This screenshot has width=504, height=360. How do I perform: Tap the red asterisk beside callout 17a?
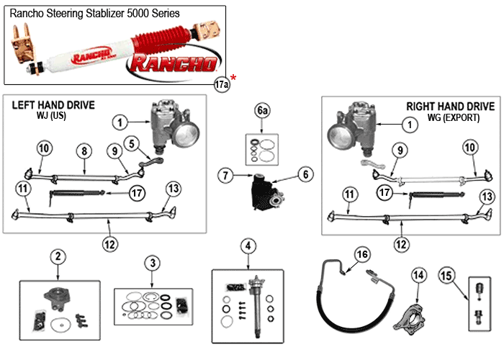tap(234, 78)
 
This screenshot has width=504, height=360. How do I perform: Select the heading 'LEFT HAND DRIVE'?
tap(53, 105)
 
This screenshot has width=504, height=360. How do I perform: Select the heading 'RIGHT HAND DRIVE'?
tap(451, 107)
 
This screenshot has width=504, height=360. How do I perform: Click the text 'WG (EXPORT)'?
tap(451, 117)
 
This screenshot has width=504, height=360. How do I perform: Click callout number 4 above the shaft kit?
tap(248, 247)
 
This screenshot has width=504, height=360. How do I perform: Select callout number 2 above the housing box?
tap(58, 256)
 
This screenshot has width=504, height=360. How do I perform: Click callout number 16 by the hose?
tap(361, 254)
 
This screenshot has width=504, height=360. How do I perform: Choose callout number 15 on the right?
tap(446, 274)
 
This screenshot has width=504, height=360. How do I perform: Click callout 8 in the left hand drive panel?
tap(84, 152)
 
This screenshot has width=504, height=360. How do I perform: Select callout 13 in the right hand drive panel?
tap(487, 196)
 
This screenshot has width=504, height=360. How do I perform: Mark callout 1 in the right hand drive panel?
tap(411, 125)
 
